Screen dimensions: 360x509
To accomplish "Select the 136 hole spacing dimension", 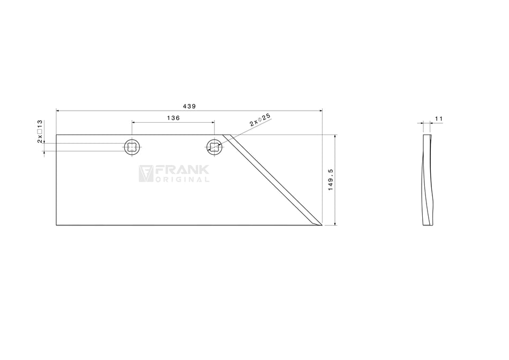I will [x=172, y=118].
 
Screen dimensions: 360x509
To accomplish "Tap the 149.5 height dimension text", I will [x=330, y=179].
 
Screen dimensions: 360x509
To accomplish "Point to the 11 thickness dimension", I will [x=438, y=118].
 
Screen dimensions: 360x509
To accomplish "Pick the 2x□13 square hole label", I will [x=40, y=132].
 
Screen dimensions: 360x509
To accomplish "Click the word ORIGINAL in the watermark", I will [x=182, y=179].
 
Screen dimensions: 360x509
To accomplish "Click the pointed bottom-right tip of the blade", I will [x=321, y=226].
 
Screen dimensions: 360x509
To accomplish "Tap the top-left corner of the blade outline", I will [x=56, y=134].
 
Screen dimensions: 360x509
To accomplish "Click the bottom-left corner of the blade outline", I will [x=56, y=226].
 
